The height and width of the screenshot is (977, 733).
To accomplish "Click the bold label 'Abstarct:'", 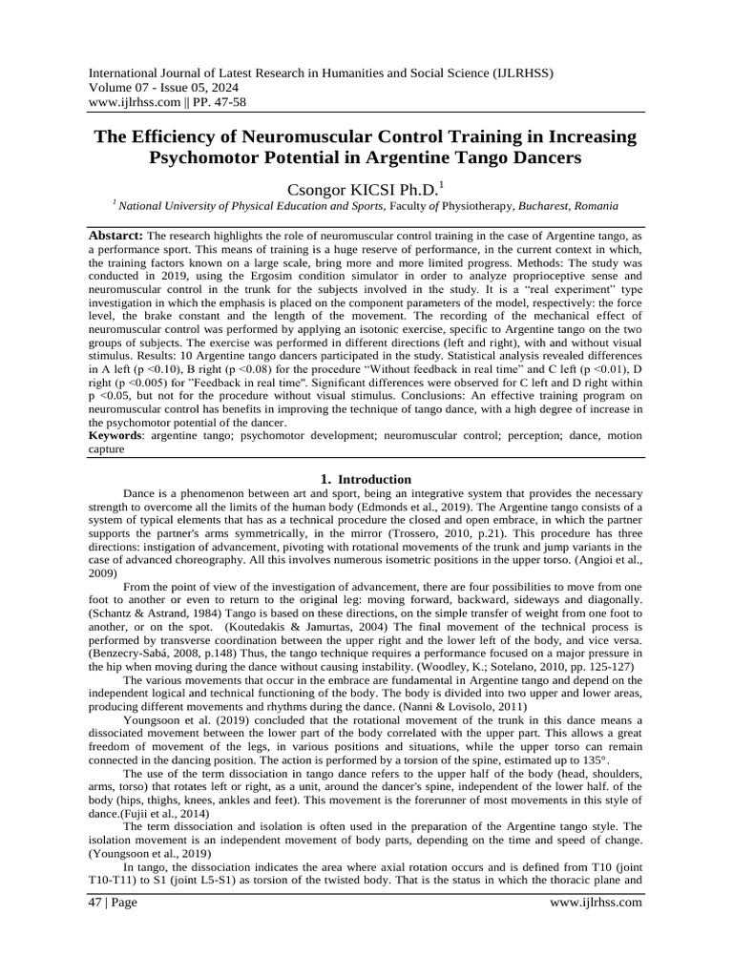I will coord(116,235).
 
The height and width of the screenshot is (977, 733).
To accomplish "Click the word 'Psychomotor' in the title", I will coord(209,155).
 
